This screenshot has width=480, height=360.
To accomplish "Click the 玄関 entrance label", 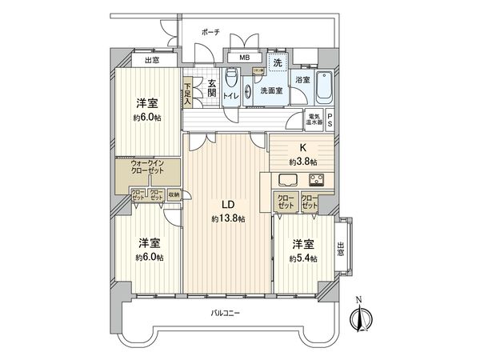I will click(212, 88).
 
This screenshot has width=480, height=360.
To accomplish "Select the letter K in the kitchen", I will click(302, 147).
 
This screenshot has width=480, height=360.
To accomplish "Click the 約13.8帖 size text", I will click(228, 218).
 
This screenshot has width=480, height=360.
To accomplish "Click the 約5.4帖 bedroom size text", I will click(304, 258).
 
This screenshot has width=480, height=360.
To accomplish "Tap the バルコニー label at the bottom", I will click(227, 313).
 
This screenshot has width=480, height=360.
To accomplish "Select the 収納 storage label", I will click(174, 193).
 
